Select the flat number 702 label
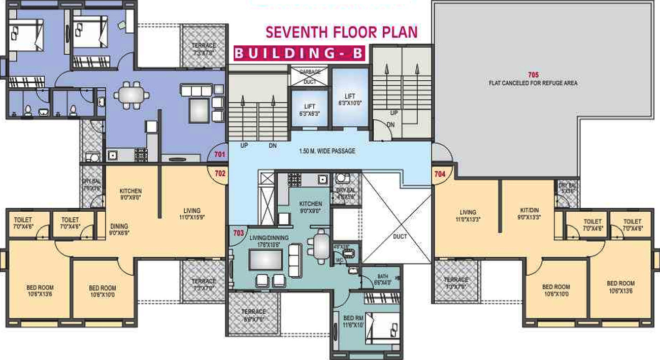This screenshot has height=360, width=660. point(220,173)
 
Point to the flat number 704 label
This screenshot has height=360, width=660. point(440,173)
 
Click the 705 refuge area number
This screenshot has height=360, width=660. point(533,75)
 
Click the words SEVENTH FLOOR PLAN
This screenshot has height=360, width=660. point(342,32)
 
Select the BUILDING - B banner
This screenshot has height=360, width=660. point(299,53)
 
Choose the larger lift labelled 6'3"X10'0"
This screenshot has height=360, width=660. point(350,99)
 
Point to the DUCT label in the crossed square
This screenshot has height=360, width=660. point(400,236)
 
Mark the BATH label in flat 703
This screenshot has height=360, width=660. point(382,277)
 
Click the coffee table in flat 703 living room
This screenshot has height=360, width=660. point(264,259)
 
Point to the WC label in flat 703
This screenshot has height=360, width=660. point(338,260)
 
